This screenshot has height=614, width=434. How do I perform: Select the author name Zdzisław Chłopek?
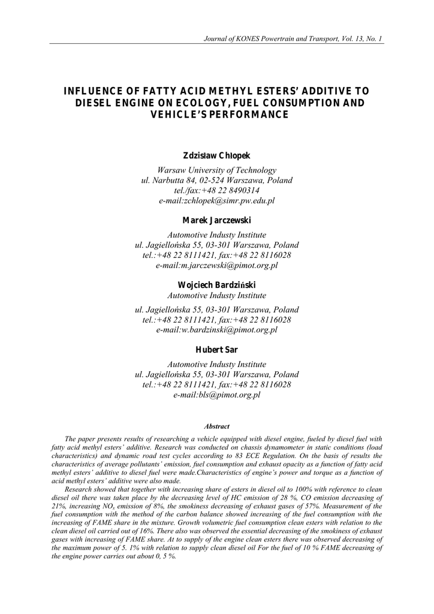[x=216, y=156]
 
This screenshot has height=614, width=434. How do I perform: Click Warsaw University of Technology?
[x=216, y=170]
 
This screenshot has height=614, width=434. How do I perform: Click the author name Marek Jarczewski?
[x=216, y=221]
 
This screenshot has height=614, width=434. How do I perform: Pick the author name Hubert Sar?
[x=216, y=350]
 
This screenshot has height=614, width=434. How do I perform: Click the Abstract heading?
[x=216, y=426]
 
